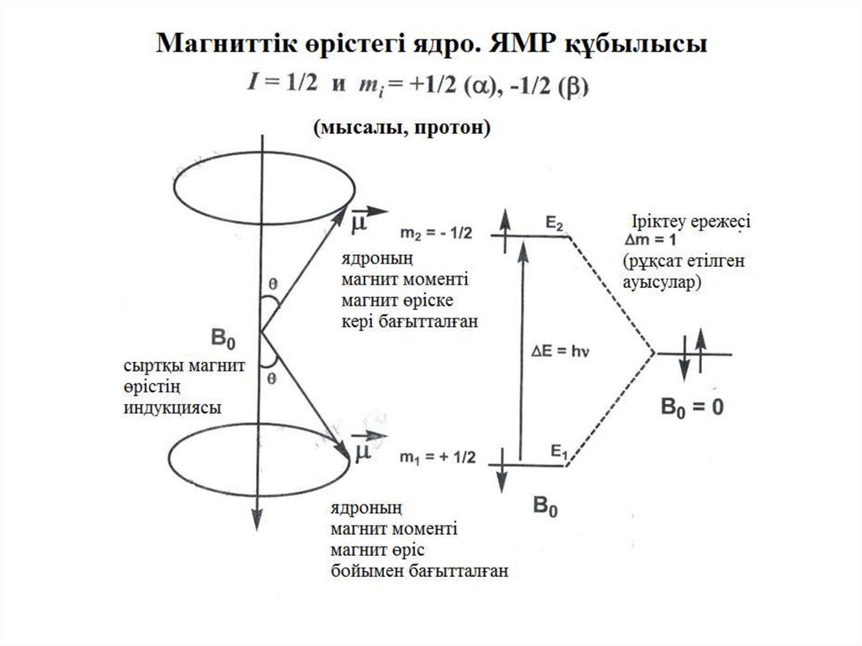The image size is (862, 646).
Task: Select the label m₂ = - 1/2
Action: [x=440, y=233]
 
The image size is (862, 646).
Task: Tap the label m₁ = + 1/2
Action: [x=439, y=458]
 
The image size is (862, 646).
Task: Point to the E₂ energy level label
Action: [x=554, y=224]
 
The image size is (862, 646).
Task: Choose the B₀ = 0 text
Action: [x=691, y=408]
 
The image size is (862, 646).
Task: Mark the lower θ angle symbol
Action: [x=272, y=380]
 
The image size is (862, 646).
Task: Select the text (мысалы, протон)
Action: [x=401, y=129]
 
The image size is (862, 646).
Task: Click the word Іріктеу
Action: [x=660, y=223]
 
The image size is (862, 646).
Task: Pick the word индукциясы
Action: [x=173, y=407]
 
